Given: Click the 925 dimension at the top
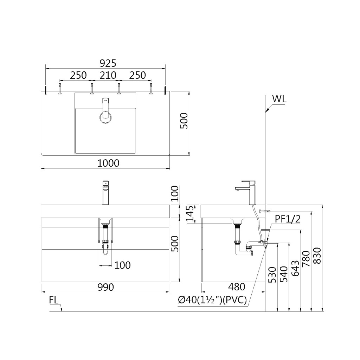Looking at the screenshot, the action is (108, 63).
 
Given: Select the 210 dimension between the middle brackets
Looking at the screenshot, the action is (108, 75).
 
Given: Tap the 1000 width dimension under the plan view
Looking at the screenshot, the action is (108, 163).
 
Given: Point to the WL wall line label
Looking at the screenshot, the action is (279, 99).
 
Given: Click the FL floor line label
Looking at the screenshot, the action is (54, 300).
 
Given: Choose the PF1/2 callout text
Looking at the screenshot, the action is (288, 219).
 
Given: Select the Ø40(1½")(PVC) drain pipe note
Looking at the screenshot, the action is (212, 300).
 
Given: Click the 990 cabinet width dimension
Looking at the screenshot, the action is (106, 287).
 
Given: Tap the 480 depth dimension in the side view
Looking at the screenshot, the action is (237, 287).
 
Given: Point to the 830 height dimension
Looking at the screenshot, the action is (317, 256).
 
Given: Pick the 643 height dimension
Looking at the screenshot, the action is (295, 268).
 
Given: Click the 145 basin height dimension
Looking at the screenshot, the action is (190, 214).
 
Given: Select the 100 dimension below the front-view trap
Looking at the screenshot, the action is (122, 265).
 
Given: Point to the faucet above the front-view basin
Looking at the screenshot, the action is (105, 193).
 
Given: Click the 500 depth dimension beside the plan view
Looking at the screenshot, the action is (184, 121).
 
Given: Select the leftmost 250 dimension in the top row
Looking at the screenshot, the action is (78, 75).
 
